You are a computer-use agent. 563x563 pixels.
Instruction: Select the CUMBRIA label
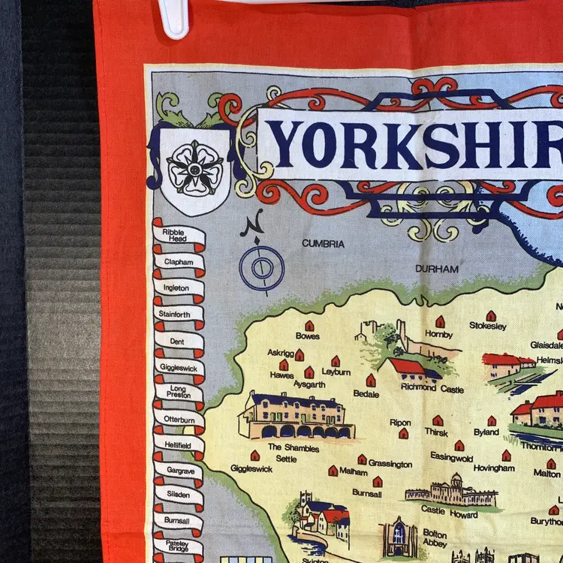point(323,244)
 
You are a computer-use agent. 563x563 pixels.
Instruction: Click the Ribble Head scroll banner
point(178,235)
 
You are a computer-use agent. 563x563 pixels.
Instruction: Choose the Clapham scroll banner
point(179,263)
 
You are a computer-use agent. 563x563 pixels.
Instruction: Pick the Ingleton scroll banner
point(179,288)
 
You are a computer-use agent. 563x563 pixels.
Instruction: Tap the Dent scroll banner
point(179,340)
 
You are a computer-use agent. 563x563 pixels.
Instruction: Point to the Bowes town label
point(308,336)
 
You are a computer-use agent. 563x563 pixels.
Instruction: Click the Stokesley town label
point(488,326)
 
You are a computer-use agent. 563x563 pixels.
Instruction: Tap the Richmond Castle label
point(432,389)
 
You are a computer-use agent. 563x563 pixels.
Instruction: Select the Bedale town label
point(366,393)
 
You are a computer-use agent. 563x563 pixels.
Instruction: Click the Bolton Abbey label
point(435,537)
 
